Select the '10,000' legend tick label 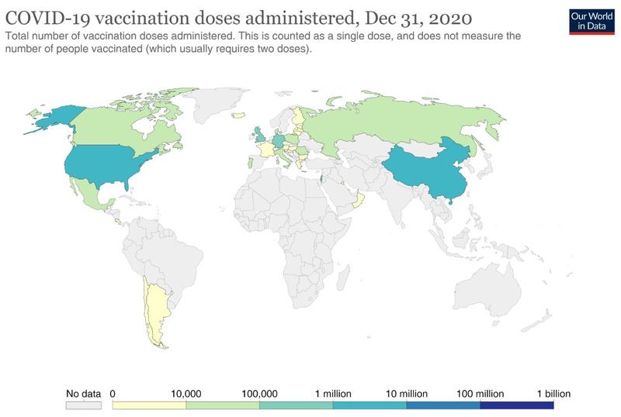(186, 394)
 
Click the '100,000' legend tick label (259, 394)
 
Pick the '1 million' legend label (332, 394)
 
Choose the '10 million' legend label (405, 394)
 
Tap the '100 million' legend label (478, 394)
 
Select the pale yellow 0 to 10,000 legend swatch (149, 405)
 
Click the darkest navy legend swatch (516, 405)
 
